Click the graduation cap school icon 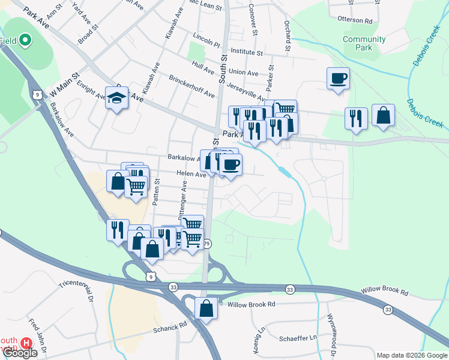tap(116, 99)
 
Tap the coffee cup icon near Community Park tap(338, 78)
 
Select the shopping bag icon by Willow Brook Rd tap(206, 309)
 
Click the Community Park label tap(364, 43)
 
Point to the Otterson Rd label tap(355, 20)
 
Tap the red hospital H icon tap(26, 343)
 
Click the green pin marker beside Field tap(25, 41)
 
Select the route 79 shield tap(207, 244)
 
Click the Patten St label tap(156, 191)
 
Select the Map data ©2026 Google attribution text tap(412, 355)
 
